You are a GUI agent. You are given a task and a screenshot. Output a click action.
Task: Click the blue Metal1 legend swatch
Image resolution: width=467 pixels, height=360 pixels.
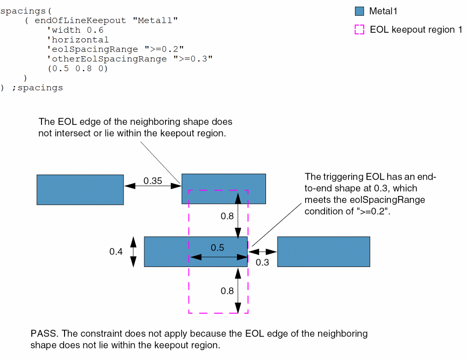(360, 11)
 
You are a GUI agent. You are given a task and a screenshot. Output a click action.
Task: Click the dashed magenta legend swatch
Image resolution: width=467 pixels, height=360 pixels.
(360, 30)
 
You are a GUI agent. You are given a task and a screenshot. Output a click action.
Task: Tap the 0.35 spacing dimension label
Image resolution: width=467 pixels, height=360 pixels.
(153, 181)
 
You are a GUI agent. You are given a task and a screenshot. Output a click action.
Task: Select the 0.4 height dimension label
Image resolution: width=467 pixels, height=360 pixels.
(116, 252)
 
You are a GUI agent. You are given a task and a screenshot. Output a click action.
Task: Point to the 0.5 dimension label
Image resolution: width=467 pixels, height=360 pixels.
(218, 248)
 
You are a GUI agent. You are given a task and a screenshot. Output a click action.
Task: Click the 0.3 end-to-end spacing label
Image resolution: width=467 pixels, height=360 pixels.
(262, 262)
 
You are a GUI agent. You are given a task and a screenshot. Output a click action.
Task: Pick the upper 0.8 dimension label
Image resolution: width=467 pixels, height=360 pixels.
(227, 216)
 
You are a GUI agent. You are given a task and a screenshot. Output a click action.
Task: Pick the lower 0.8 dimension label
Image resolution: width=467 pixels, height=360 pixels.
(227, 291)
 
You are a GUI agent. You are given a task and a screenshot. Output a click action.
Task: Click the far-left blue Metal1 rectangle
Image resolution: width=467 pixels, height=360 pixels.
(80, 189)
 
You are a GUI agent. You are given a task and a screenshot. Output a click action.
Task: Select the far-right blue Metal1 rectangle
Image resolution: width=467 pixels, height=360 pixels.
(323, 251)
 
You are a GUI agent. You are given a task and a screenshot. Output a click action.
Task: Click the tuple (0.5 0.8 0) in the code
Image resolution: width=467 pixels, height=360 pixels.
(77, 69)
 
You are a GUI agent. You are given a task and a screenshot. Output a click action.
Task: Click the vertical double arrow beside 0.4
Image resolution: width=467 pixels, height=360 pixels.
(133, 252)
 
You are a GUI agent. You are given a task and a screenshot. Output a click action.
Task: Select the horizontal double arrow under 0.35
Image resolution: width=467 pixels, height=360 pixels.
(153, 186)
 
